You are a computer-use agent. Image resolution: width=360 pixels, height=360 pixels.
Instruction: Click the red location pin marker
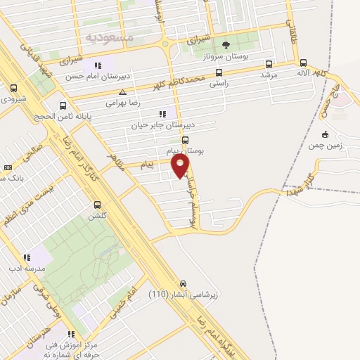pos(181,166)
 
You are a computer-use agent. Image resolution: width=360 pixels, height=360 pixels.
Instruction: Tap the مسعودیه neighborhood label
pos(106,35)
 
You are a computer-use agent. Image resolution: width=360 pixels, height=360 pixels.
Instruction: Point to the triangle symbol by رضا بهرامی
pos(123,92)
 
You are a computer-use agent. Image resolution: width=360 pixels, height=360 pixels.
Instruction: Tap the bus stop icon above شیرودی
pos(14,89)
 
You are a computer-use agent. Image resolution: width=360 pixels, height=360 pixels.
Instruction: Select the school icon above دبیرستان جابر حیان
pos(162,114)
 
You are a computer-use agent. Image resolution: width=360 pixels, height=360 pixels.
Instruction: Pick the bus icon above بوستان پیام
pos(186,139)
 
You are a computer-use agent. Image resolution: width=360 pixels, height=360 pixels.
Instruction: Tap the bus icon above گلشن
pos(97,205)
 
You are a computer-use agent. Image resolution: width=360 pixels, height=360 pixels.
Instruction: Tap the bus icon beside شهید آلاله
pos(303,61)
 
